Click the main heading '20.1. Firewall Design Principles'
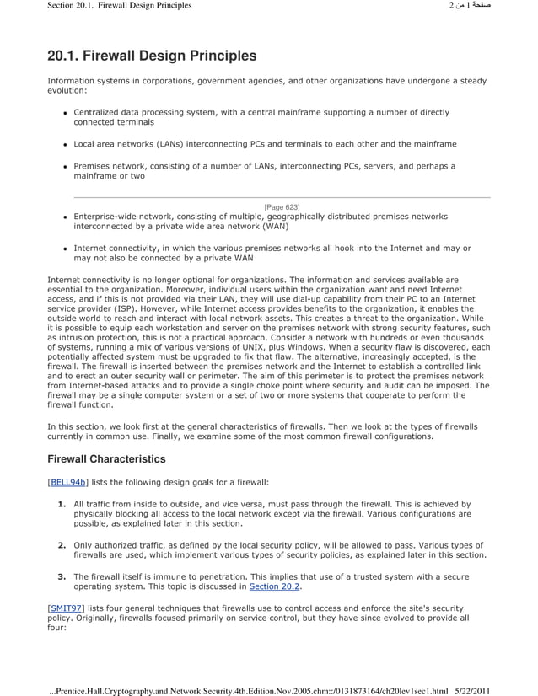(152, 56)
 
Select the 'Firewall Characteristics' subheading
(106, 459)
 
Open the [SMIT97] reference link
(66, 607)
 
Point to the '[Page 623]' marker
(282, 206)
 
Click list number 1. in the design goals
(62, 504)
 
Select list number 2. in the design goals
(62, 545)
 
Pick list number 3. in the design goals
(62, 576)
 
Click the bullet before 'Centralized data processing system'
(65, 113)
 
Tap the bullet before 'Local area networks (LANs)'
(65, 145)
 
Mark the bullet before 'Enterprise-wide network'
(65, 217)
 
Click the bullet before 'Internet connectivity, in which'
(65, 249)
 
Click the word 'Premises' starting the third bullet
(94, 166)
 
